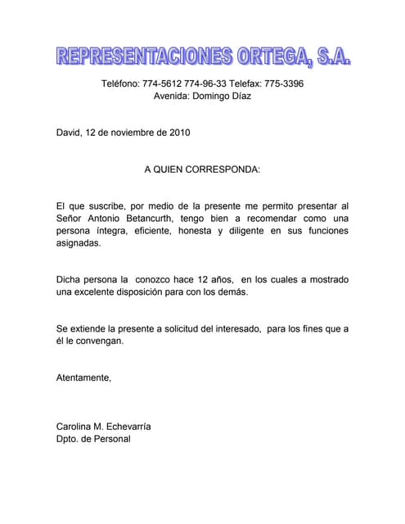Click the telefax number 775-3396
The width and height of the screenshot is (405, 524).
click(x=284, y=84)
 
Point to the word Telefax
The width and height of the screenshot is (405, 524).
click(x=243, y=84)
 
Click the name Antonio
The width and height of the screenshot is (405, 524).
click(x=110, y=218)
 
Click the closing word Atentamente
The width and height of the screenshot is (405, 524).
click(x=83, y=377)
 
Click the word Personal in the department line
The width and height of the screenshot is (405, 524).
click(x=111, y=439)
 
